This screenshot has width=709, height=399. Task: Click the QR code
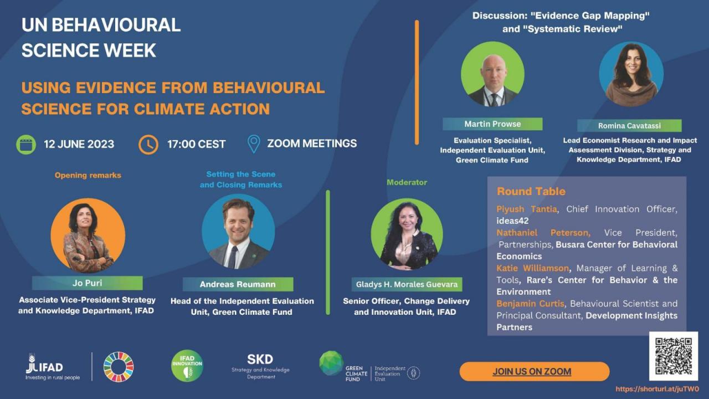point(674,356)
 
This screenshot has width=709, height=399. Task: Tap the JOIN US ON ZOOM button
point(534,371)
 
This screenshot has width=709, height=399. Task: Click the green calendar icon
point(26,144)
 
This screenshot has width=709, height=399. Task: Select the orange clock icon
point(148,144)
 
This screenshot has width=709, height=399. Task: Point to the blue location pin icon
point(254,144)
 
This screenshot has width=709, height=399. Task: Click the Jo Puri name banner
point(87,283)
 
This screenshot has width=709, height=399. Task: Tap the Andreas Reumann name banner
point(238,284)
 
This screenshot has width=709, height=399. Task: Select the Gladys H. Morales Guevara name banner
point(407,284)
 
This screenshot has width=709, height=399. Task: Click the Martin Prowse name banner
point(492,124)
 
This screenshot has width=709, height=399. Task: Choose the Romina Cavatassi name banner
point(629,126)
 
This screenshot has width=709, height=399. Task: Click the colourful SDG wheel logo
point(119,367)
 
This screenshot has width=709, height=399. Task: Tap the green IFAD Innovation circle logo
point(187,366)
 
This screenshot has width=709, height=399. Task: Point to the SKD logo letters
point(260,359)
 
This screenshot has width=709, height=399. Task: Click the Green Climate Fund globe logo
point(331,363)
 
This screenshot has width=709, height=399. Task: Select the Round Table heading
point(531,191)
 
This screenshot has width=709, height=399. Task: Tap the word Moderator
point(407,182)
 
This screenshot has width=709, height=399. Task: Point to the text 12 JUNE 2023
point(79,144)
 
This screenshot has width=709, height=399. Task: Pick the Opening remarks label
point(88,175)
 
